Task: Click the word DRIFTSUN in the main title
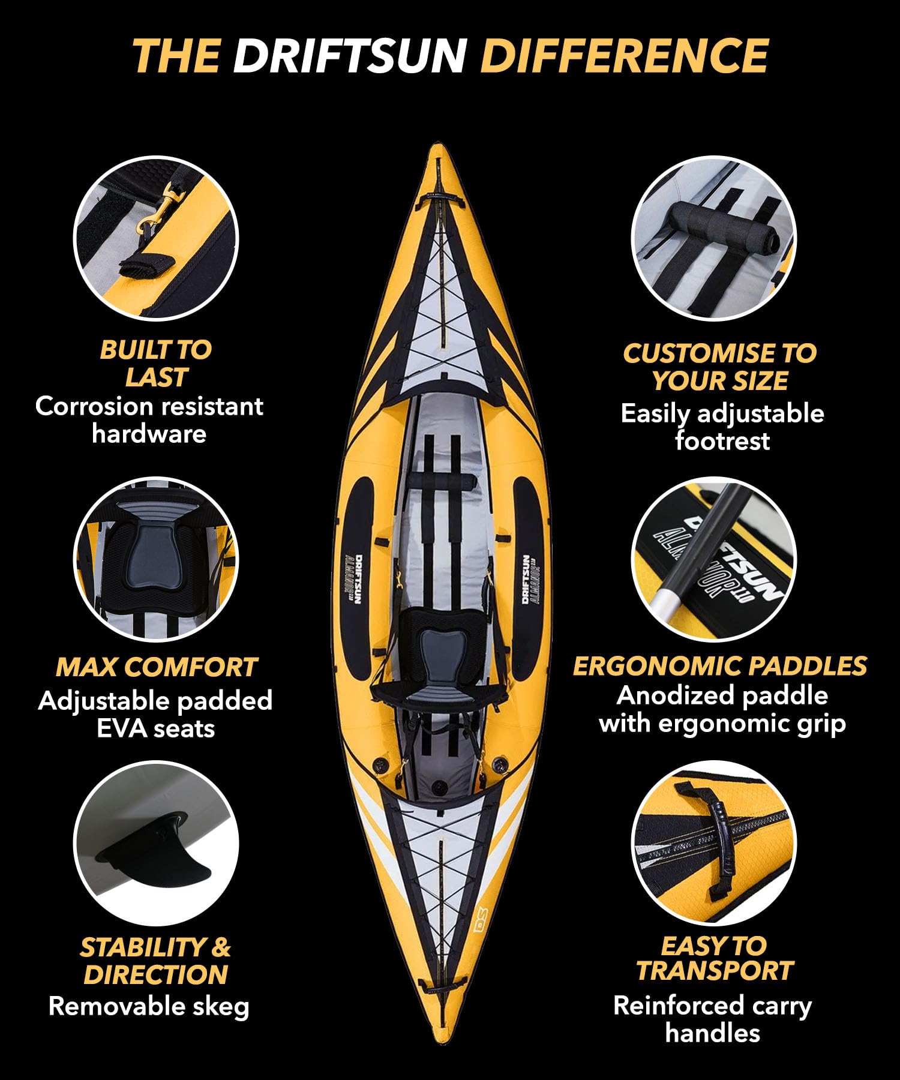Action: pos(350,56)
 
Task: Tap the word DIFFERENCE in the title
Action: pos(624,56)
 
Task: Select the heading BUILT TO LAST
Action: pos(156,364)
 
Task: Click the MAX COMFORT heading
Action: pos(156,667)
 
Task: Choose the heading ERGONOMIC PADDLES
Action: pos(720,666)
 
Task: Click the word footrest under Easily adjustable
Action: pos(722,442)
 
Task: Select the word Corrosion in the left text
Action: pos(95,406)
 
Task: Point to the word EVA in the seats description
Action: pos(119,728)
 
